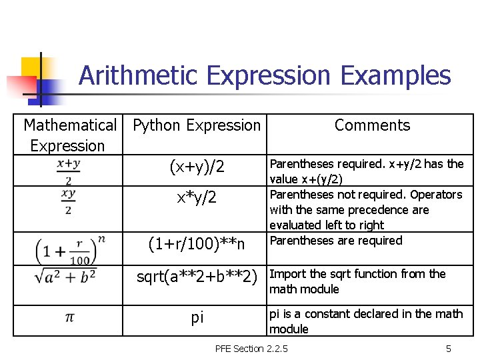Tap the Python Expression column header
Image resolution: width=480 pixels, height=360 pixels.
pyautogui.click(x=197, y=125)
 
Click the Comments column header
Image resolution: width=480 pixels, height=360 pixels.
pyautogui.click(x=372, y=125)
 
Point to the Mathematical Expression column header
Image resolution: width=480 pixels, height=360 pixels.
pyautogui.click(x=69, y=135)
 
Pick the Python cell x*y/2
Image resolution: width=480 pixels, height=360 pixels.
pyautogui.click(x=197, y=197)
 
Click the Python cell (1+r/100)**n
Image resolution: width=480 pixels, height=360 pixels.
pyautogui.click(x=197, y=244)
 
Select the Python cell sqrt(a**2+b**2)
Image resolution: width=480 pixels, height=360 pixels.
pyautogui.click(x=197, y=275)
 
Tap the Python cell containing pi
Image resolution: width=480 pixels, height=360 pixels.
pyautogui.click(x=197, y=317)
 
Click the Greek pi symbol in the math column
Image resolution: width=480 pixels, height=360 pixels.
pyautogui.click(x=69, y=317)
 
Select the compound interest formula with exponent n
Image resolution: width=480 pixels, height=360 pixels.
pyautogui.click(x=69, y=249)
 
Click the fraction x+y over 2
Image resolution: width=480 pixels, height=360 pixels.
pyautogui.click(x=69, y=171)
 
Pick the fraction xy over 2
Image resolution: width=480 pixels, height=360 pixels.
pyautogui.click(x=69, y=201)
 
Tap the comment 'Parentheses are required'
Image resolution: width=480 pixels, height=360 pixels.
pyautogui.click(x=336, y=241)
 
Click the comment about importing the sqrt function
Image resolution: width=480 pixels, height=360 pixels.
pyautogui.click(x=357, y=281)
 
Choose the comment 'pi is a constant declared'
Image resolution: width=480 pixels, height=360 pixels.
pyautogui.click(x=365, y=321)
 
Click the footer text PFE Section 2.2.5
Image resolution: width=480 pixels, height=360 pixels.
pyautogui.click(x=251, y=349)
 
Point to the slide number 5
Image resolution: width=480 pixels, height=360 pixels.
pyautogui.click(x=449, y=349)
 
